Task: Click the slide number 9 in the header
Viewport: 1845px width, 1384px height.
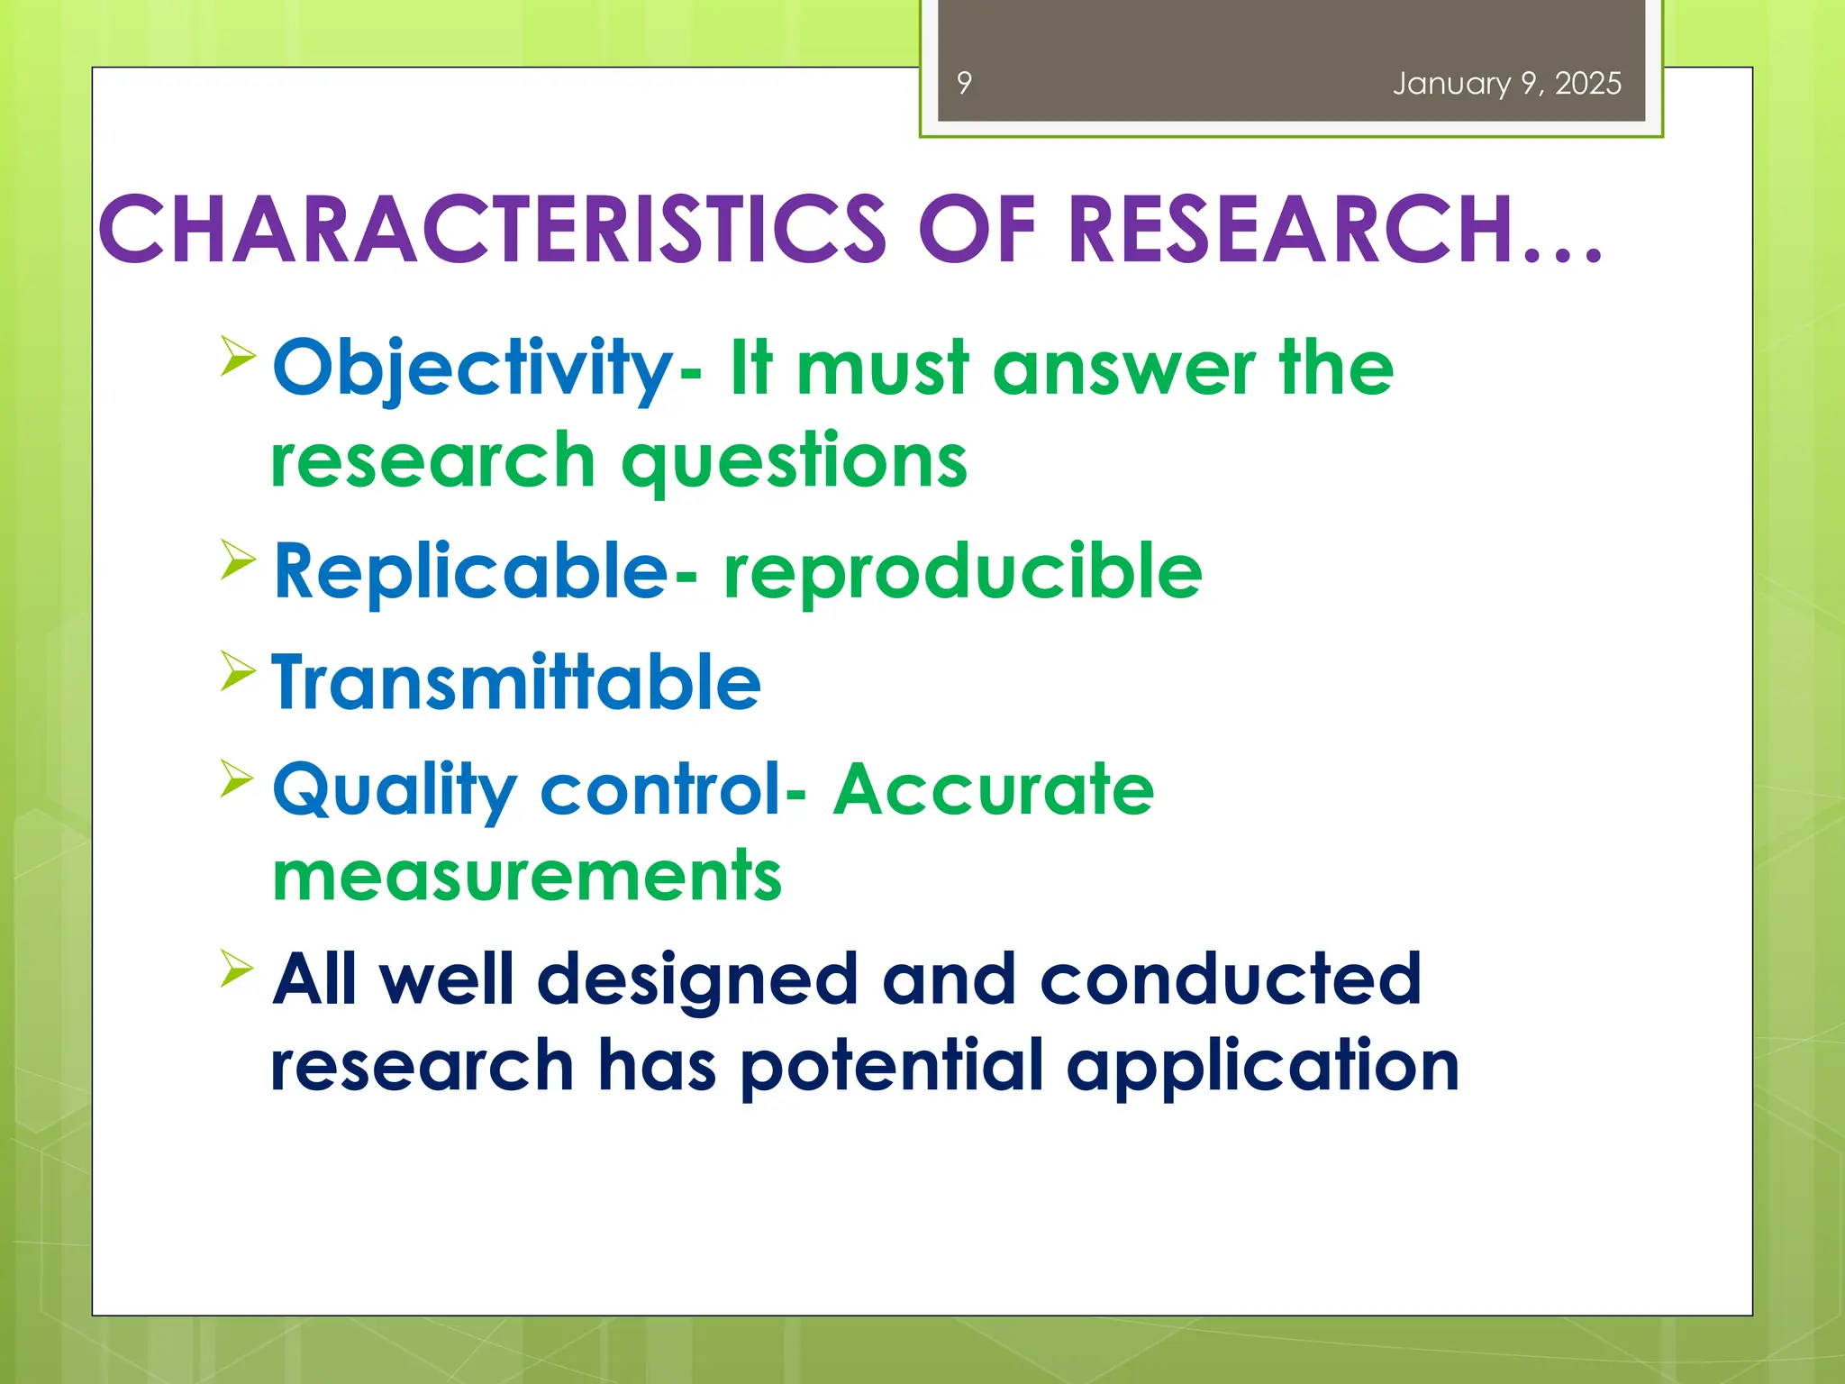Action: [964, 83]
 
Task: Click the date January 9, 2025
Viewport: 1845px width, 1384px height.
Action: [1506, 83]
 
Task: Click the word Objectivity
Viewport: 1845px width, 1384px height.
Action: [473, 369]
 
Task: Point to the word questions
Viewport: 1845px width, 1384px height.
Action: [795, 460]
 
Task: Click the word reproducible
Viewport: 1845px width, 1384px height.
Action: [963, 573]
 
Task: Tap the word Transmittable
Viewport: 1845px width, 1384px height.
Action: [516, 682]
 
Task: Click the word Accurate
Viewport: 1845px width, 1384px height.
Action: [994, 789]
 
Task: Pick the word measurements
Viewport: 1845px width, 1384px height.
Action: [527, 876]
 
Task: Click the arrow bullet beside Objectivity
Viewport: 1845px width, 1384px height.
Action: [237, 355]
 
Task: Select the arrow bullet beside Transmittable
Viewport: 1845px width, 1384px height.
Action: [237, 671]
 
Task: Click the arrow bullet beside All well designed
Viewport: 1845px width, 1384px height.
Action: [237, 969]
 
